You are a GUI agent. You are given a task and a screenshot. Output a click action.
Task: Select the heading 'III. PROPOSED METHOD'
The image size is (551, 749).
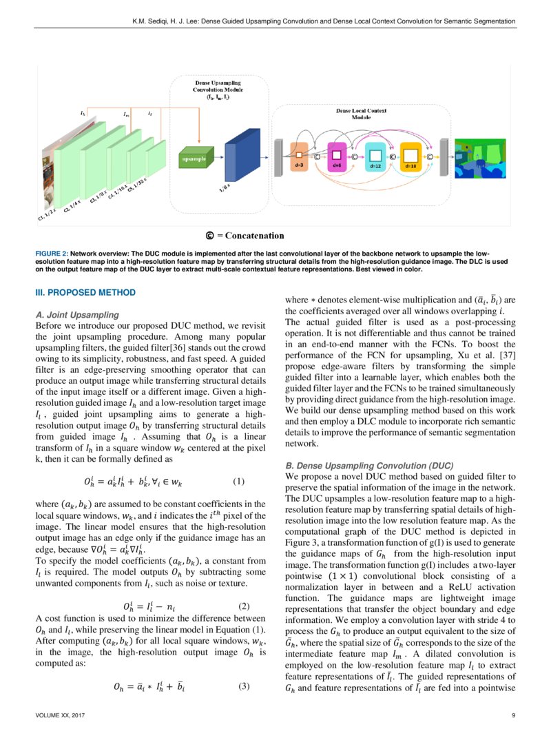85,293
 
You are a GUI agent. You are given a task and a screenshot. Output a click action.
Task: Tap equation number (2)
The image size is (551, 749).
242,588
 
